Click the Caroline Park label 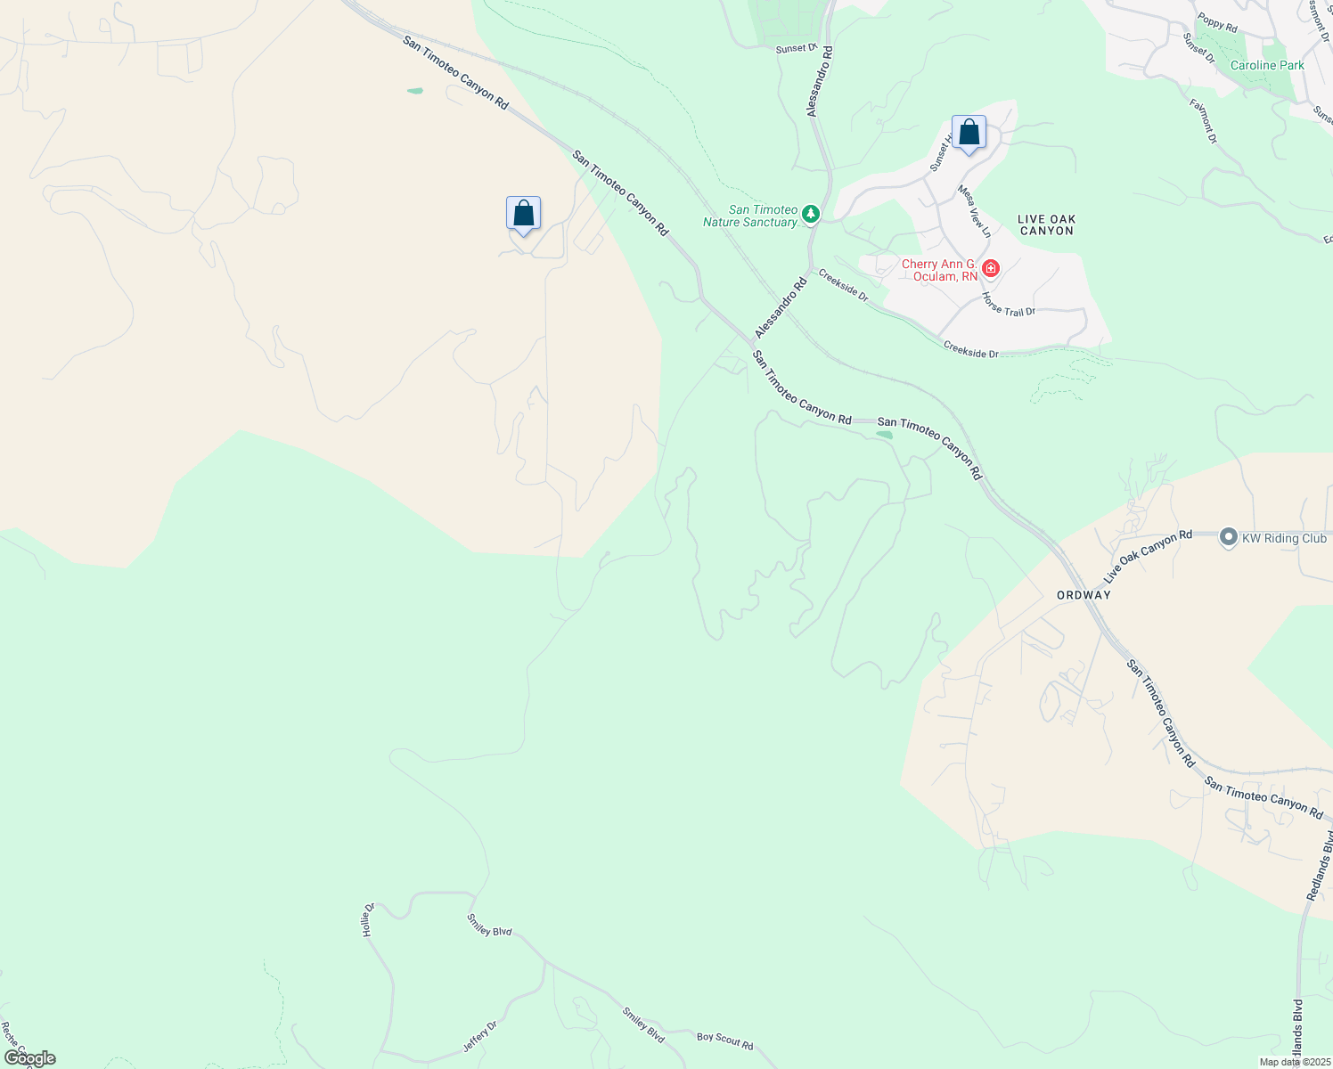pyautogui.click(x=1267, y=66)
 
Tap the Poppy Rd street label pyautogui.click(x=1217, y=23)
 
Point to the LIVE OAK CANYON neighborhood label pyautogui.click(x=1046, y=224)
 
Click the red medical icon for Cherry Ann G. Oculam pyautogui.click(x=990, y=268)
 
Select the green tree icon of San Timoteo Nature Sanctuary pyautogui.click(x=810, y=214)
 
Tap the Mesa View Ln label pyautogui.click(x=974, y=211)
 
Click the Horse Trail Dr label pyautogui.click(x=1009, y=305)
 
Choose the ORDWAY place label pyautogui.click(x=1084, y=595)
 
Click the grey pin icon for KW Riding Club pyautogui.click(x=1229, y=537)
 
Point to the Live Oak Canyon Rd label pyautogui.click(x=1148, y=557)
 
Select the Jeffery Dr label pyautogui.click(x=479, y=1036)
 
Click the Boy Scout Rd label pyautogui.click(x=724, y=1040)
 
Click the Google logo pyautogui.click(x=29, y=1058)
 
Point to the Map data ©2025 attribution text pyautogui.click(x=1294, y=1062)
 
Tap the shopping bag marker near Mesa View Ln pyautogui.click(x=969, y=134)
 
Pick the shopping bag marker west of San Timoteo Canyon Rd pyautogui.click(x=523, y=214)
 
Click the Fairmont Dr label pyautogui.click(x=1202, y=120)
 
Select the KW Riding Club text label pyautogui.click(x=1284, y=538)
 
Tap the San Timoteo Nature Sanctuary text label pyautogui.click(x=750, y=216)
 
